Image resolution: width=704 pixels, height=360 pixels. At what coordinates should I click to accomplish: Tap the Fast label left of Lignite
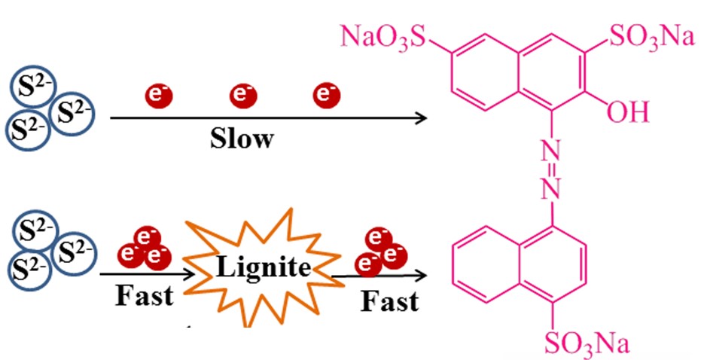(143, 295)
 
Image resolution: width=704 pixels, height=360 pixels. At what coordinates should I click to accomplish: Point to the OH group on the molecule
(627, 114)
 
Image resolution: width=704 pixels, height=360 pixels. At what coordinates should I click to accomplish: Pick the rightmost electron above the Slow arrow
(326, 96)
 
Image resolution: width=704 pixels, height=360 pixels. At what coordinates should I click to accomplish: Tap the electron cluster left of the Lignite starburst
(142, 251)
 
